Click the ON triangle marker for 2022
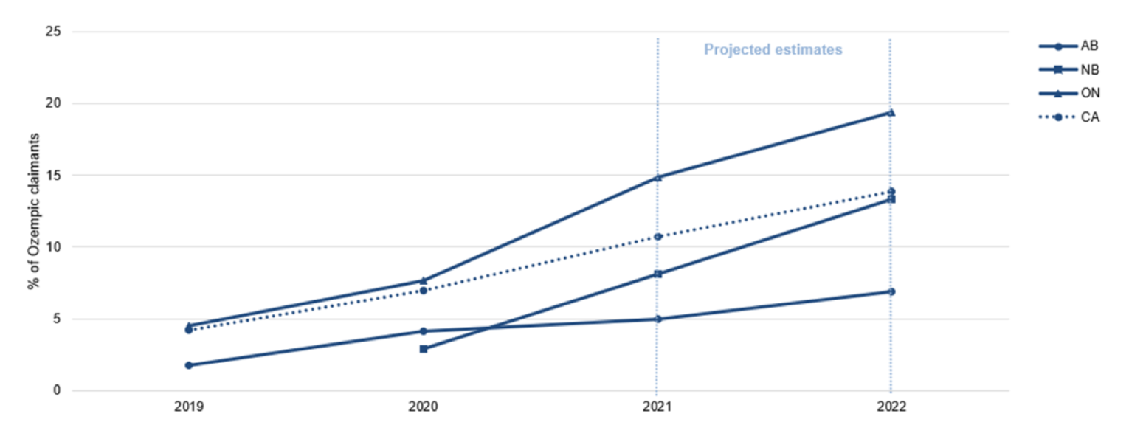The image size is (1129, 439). pos(891,112)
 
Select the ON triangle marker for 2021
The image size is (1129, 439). pos(657,177)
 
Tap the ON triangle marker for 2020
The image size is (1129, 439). pos(424,280)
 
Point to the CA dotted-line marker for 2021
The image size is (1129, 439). pos(657,237)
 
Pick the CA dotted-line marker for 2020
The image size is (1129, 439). pos(424,291)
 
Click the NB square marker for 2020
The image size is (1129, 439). pos(424,348)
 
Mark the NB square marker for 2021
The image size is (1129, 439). pos(657,274)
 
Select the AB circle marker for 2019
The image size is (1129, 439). pos(189,365)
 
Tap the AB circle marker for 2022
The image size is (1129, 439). pos(891,291)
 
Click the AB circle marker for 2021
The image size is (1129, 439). pos(657,319)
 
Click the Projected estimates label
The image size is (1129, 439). pos(773,50)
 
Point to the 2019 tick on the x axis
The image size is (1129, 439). pos(189,407)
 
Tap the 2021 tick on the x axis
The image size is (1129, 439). pos(657,407)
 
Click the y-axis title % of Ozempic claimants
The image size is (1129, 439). pos(33,211)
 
